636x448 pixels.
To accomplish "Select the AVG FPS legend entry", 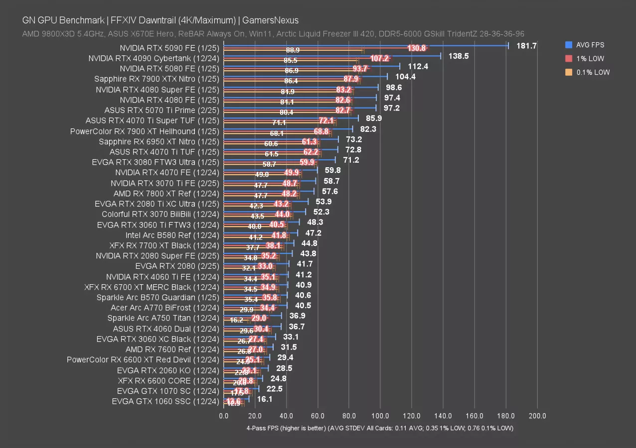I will coord(590,45).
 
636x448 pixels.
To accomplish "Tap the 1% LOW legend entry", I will coord(590,59).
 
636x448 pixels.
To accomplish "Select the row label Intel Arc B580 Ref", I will coord(172,235).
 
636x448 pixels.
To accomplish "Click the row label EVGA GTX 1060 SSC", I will coord(165,401).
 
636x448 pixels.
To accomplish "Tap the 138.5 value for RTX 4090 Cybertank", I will coord(459,56).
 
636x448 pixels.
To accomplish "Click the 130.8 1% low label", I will coord(417,48).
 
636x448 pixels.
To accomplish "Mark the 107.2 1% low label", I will coord(379,58).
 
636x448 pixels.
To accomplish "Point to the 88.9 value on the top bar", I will coord(293,50).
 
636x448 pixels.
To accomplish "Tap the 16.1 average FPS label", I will coord(265,399).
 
